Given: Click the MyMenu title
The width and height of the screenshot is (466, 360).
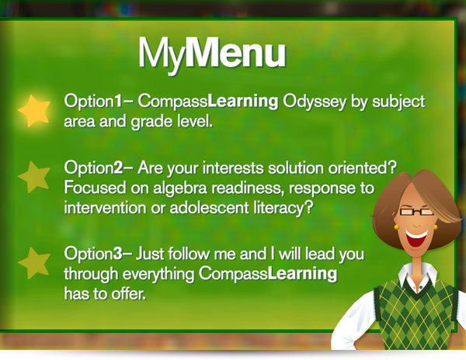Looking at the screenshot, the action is click(x=212, y=54).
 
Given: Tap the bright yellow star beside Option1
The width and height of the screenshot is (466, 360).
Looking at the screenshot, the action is click(x=34, y=110).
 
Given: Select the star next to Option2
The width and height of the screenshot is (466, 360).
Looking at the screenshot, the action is click(x=34, y=177).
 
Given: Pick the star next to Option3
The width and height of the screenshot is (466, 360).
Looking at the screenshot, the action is click(x=34, y=263).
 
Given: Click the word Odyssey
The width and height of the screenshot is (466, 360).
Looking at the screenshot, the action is click(x=315, y=102).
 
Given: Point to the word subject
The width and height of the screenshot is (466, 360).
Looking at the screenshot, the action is click(x=398, y=102).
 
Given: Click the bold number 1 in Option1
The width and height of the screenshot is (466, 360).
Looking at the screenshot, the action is click(x=118, y=101).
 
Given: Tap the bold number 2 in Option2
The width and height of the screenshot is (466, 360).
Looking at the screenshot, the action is click(x=118, y=168).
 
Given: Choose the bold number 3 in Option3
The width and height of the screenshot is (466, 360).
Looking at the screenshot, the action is click(x=118, y=254).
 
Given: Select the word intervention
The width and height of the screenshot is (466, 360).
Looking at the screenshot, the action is click(x=105, y=208).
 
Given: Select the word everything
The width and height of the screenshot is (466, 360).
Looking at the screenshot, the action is click(x=158, y=274).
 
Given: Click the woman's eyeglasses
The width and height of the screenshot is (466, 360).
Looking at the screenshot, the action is click(x=416, y=212).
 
